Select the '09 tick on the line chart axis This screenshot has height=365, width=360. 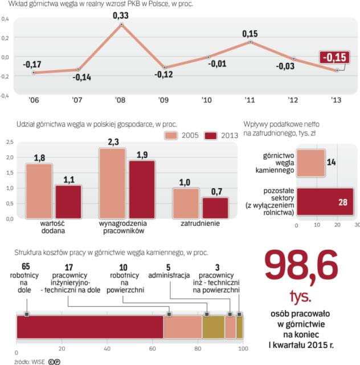tap(163, 100)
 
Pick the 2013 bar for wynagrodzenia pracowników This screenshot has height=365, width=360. tap(142, 189)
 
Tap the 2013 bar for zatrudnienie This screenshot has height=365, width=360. tap(215, 208)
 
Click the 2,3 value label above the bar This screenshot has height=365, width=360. tap(113, 142)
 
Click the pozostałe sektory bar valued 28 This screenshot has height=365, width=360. tap(325, 202)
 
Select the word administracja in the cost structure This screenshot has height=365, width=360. tap(169, 274)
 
